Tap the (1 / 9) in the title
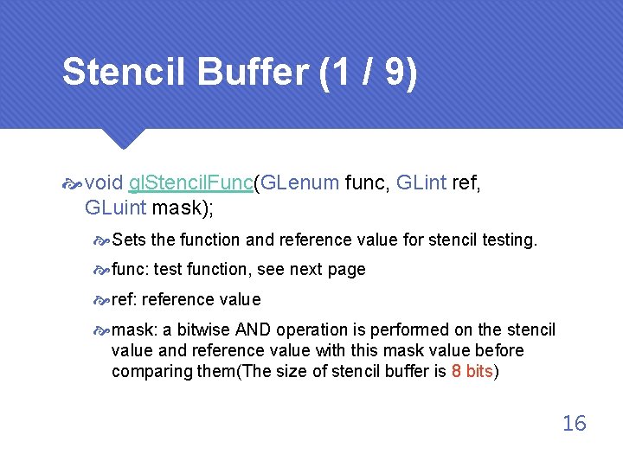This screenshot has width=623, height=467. [x=369, y=73]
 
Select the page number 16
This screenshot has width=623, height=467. [x=574, y=423]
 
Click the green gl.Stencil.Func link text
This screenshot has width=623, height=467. [x=190, y=182]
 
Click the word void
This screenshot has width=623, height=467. [x=105, y=182]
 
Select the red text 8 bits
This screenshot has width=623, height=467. [x=472, y=371]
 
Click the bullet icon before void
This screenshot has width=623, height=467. [x=73, y=183]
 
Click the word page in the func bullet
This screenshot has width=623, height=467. [x=346, y=270]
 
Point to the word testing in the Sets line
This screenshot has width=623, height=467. [x=509, y=240]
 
